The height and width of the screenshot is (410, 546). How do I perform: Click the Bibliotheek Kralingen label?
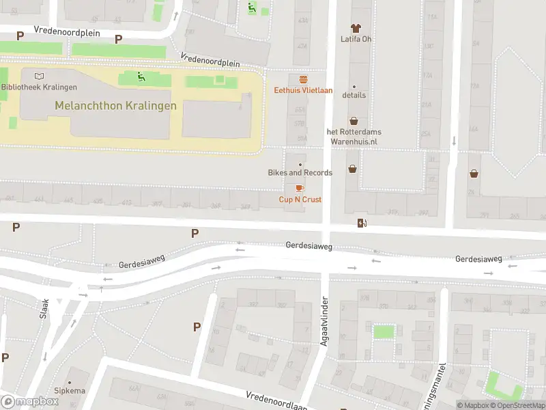click(39, 87)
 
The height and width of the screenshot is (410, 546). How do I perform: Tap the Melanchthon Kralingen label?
click(115, 106)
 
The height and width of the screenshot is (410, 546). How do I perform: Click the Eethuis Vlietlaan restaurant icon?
click(303, 79)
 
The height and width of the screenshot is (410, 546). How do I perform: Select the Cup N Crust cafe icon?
click(300, 188)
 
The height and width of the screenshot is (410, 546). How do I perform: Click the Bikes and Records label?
click(300, 173)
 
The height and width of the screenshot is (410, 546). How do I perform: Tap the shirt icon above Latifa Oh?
click(356, 28)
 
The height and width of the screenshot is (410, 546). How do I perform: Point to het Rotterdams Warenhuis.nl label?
click(354, 137)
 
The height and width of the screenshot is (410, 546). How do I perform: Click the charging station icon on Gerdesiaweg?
click(362, 223)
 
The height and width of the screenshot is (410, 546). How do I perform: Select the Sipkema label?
click(69, 392)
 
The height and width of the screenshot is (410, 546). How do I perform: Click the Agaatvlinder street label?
click(325, 321)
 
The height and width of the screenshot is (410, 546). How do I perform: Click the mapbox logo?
click(30, 402)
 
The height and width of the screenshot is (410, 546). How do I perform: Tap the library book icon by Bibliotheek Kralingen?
click(39, 76)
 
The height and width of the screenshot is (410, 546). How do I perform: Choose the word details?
click(354, 95)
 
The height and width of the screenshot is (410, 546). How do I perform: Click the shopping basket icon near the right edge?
click(474, 174)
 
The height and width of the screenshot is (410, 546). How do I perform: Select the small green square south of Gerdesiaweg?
click(384, 332)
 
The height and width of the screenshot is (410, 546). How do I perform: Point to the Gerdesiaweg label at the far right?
click(478, 260)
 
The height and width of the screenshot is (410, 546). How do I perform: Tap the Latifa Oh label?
click(356, 39)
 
